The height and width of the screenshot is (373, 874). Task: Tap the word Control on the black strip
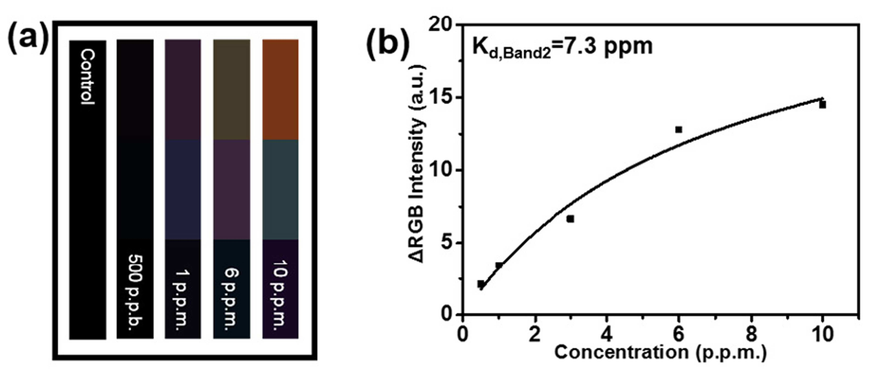click(87, 77)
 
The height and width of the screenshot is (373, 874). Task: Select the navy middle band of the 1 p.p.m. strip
click(183, 190)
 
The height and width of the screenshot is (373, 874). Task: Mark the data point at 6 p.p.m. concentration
click(679, 130)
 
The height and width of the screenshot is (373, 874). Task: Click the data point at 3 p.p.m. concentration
click(570, 219)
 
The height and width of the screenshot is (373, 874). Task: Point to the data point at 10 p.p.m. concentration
click(822, 105)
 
